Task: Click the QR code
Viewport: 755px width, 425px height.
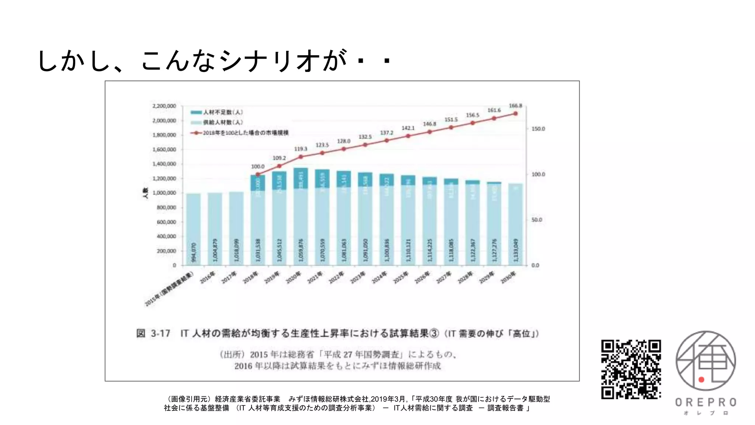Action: click(631, 369)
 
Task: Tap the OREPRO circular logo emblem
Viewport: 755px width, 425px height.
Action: click(706, 361)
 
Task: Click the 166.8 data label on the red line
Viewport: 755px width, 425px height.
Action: click(515, 106)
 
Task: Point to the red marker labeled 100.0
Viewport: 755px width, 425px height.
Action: click(258, 174)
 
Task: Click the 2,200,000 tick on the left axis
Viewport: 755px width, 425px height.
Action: click(164, 106)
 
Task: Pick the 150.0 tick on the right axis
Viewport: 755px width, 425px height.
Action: click(538, 129)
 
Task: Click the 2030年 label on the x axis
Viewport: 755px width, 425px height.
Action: click(508, 277)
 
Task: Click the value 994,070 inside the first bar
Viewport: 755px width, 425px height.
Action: click(194, 253)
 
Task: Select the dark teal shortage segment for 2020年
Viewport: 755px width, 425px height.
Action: click(301, 179)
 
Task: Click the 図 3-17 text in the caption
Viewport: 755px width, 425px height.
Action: click(153, 334)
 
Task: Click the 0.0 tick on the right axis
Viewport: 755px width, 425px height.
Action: click(535, 265)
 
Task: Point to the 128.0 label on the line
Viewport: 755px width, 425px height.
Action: click(344, 141)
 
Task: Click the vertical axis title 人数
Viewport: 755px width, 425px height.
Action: click(145, 193)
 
